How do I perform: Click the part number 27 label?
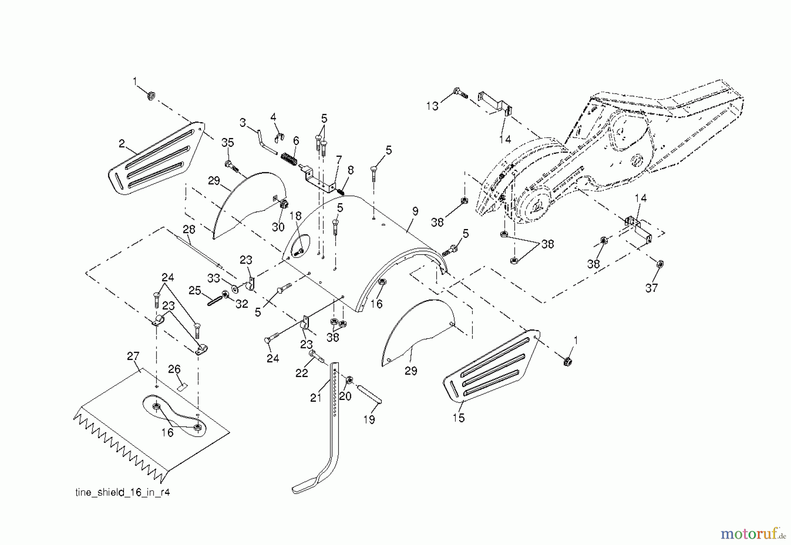[x=133, y=356]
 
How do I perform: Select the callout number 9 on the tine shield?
[x=415, y=211]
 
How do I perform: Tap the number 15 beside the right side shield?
[x=458, y=418]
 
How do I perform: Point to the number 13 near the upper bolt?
[x=432, y=106]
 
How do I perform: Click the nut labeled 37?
[x=659, y=264]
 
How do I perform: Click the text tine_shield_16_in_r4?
[x=123, y=493]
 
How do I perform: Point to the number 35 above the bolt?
[x=228, y=143]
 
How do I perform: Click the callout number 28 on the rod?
[x=189, y=229]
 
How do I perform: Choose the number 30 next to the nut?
[x=278, y=227]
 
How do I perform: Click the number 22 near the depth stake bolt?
[x=301, y=373]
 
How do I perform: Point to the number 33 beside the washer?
[x=213, y=278]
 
